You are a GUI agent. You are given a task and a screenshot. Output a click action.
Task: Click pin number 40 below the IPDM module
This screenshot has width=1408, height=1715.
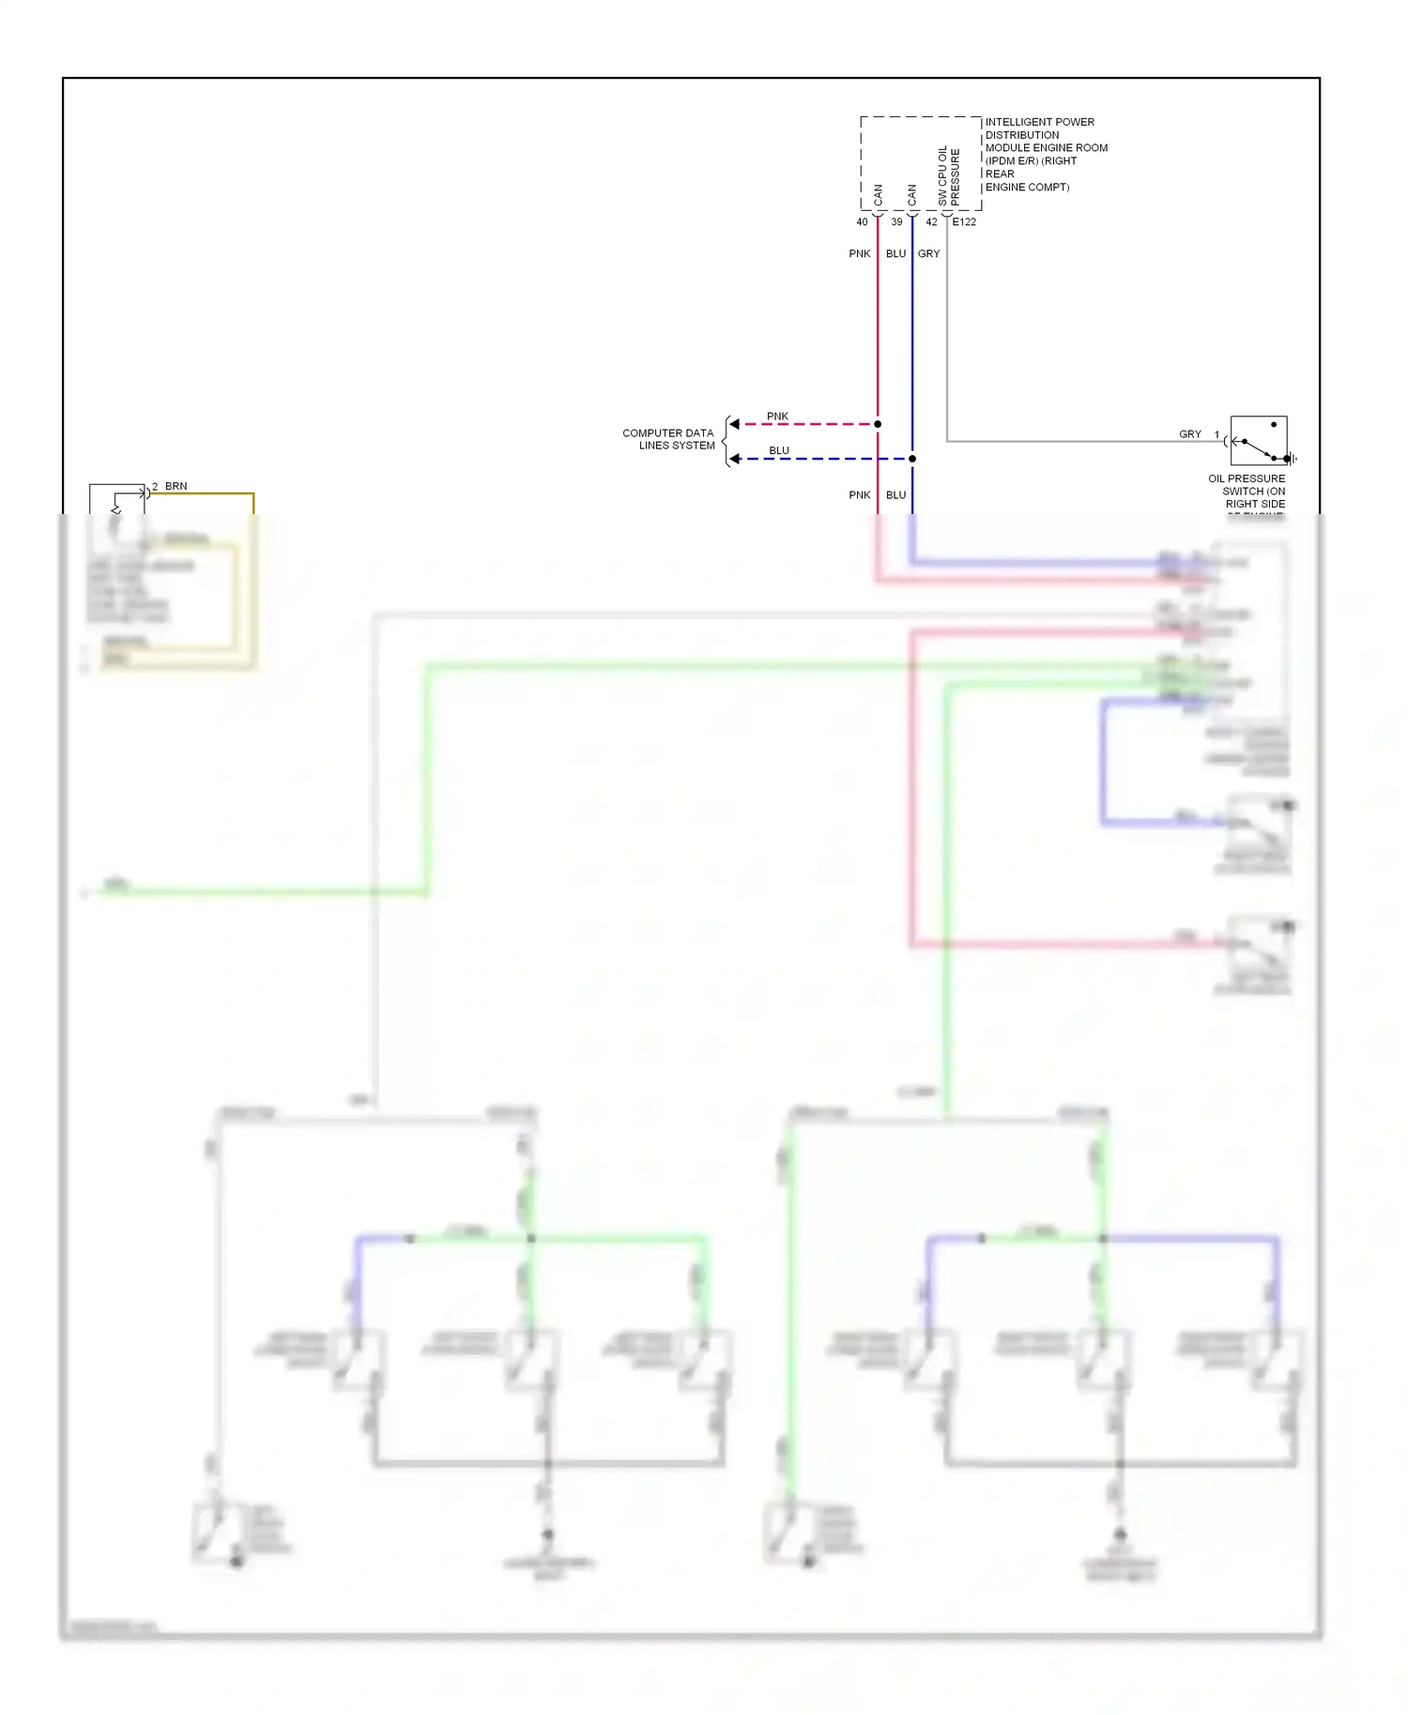pos(862,222)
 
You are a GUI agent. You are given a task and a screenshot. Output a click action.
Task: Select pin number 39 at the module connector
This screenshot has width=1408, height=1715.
pos(896,222)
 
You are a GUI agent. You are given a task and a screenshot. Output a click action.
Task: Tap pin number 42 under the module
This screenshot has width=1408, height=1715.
pos(931,222)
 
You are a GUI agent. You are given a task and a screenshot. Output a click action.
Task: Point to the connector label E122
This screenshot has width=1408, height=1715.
pos(964,222)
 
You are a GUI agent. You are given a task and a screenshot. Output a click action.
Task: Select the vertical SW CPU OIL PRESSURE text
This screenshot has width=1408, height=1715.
pos(949,176)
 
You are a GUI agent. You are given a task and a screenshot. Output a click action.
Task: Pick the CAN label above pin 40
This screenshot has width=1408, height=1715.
pos(879,195)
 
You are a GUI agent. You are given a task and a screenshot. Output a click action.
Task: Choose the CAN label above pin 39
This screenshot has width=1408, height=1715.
pos(912,195)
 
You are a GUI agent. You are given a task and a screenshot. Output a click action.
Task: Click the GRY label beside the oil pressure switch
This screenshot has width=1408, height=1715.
pos(1189,434)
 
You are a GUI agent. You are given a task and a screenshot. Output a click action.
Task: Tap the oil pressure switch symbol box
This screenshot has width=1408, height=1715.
pos(1258,441)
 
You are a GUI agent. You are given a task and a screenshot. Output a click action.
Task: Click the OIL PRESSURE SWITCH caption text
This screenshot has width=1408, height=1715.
pos(1247,491)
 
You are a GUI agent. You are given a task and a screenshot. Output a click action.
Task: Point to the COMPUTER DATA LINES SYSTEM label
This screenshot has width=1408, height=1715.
pos(668,439)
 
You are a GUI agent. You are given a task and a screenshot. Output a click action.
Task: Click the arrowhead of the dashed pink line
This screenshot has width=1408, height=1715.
pos(735,424)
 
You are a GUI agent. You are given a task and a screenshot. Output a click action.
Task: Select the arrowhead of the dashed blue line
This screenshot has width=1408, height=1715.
pos(735,459)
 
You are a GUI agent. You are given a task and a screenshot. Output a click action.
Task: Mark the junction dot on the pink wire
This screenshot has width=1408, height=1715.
pos(878,424)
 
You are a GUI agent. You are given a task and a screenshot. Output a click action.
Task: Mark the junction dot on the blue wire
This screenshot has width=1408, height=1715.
pos(912,459)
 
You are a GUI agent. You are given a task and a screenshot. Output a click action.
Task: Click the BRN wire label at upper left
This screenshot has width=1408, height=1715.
pos(176,486)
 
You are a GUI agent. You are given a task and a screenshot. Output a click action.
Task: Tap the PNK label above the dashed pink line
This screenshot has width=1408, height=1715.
pos(777,417)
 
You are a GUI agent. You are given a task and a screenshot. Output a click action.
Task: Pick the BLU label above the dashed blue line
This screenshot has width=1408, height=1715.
pos(779,450)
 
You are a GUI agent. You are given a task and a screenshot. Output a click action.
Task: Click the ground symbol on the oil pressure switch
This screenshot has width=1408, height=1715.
pos(1293,459)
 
